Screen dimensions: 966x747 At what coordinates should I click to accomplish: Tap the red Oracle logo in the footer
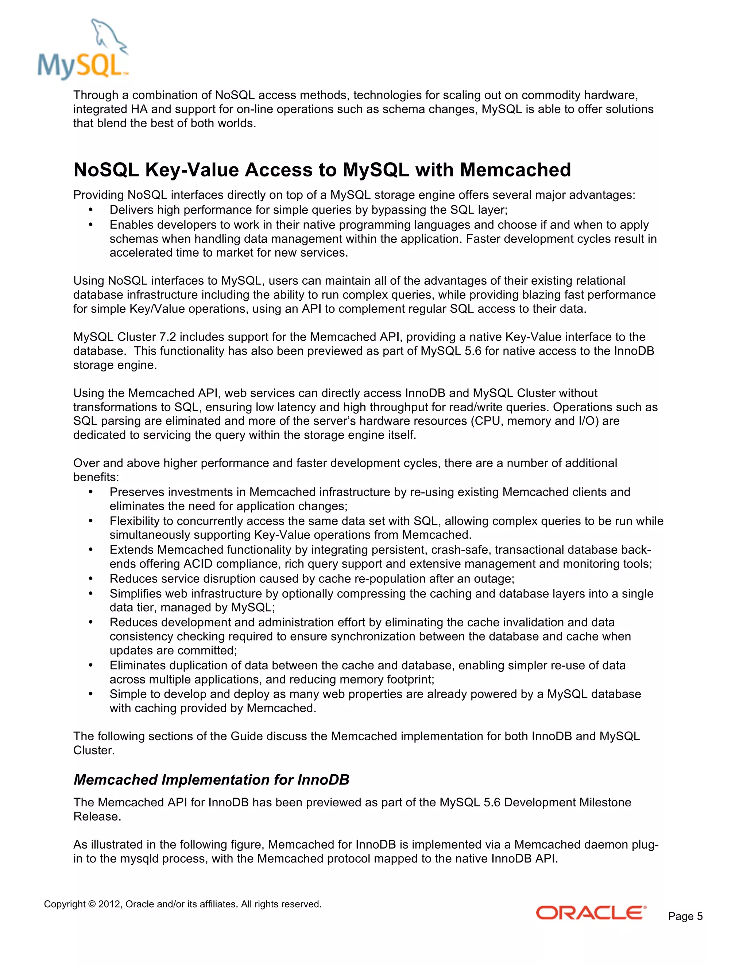[x=591, y=913]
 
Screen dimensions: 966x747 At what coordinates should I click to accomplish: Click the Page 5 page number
[x=685, y=916]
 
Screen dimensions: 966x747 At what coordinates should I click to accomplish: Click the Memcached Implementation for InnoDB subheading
[x=211, y=779]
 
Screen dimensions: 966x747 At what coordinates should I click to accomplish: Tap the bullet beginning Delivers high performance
[x=309, y=210]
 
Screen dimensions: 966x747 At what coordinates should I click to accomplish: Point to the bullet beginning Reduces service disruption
[x=311, y=579]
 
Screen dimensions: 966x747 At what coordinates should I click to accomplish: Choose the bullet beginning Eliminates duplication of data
[x=367, y=665]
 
